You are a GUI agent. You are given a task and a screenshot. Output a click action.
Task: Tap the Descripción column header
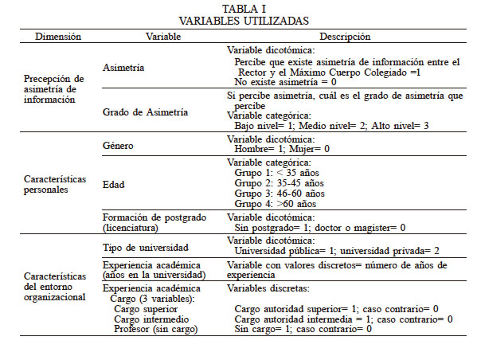tap(345, 37)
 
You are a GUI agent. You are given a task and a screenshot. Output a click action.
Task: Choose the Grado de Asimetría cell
tap(146, 112)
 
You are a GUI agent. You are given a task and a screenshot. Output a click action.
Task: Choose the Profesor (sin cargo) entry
tap(157, 329)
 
